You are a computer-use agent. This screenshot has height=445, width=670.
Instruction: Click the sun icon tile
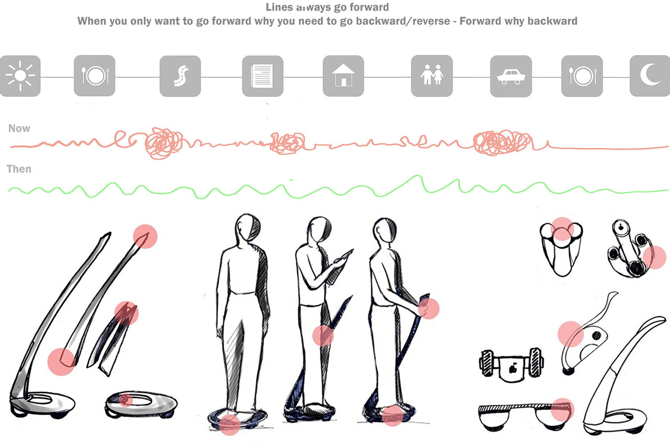[x=20, y=76]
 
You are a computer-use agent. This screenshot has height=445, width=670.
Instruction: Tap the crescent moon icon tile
[x=650, y=76]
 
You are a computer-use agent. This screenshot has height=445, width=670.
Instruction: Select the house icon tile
[x=343, y=76]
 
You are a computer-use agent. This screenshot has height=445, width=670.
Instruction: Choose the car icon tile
[x=511, y=76]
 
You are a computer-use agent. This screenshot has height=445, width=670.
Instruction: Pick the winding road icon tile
[x=180, y=76]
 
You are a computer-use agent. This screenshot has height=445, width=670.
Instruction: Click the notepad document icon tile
[x=263, y=76]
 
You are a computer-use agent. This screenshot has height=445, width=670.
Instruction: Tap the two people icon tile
[x=432, y=76]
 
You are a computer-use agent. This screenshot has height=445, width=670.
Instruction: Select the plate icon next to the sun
[x=95, y=76]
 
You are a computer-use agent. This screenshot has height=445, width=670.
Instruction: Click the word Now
[x=19, y=128]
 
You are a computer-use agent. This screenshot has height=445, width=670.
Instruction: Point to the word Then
[x=19, y=169]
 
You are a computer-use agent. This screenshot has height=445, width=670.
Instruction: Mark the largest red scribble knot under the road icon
[x=164, y=142]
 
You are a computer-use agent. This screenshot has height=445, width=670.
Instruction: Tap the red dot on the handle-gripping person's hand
[x=428, y=308]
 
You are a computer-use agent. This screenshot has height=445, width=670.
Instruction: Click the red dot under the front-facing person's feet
[x=229, y=425]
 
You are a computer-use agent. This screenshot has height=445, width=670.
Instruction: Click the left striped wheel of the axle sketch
[x=486, y=363]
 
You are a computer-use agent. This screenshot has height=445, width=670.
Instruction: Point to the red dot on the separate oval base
[x=126, y=400]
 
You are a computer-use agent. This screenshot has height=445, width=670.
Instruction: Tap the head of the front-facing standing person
[x=248, y=227]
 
